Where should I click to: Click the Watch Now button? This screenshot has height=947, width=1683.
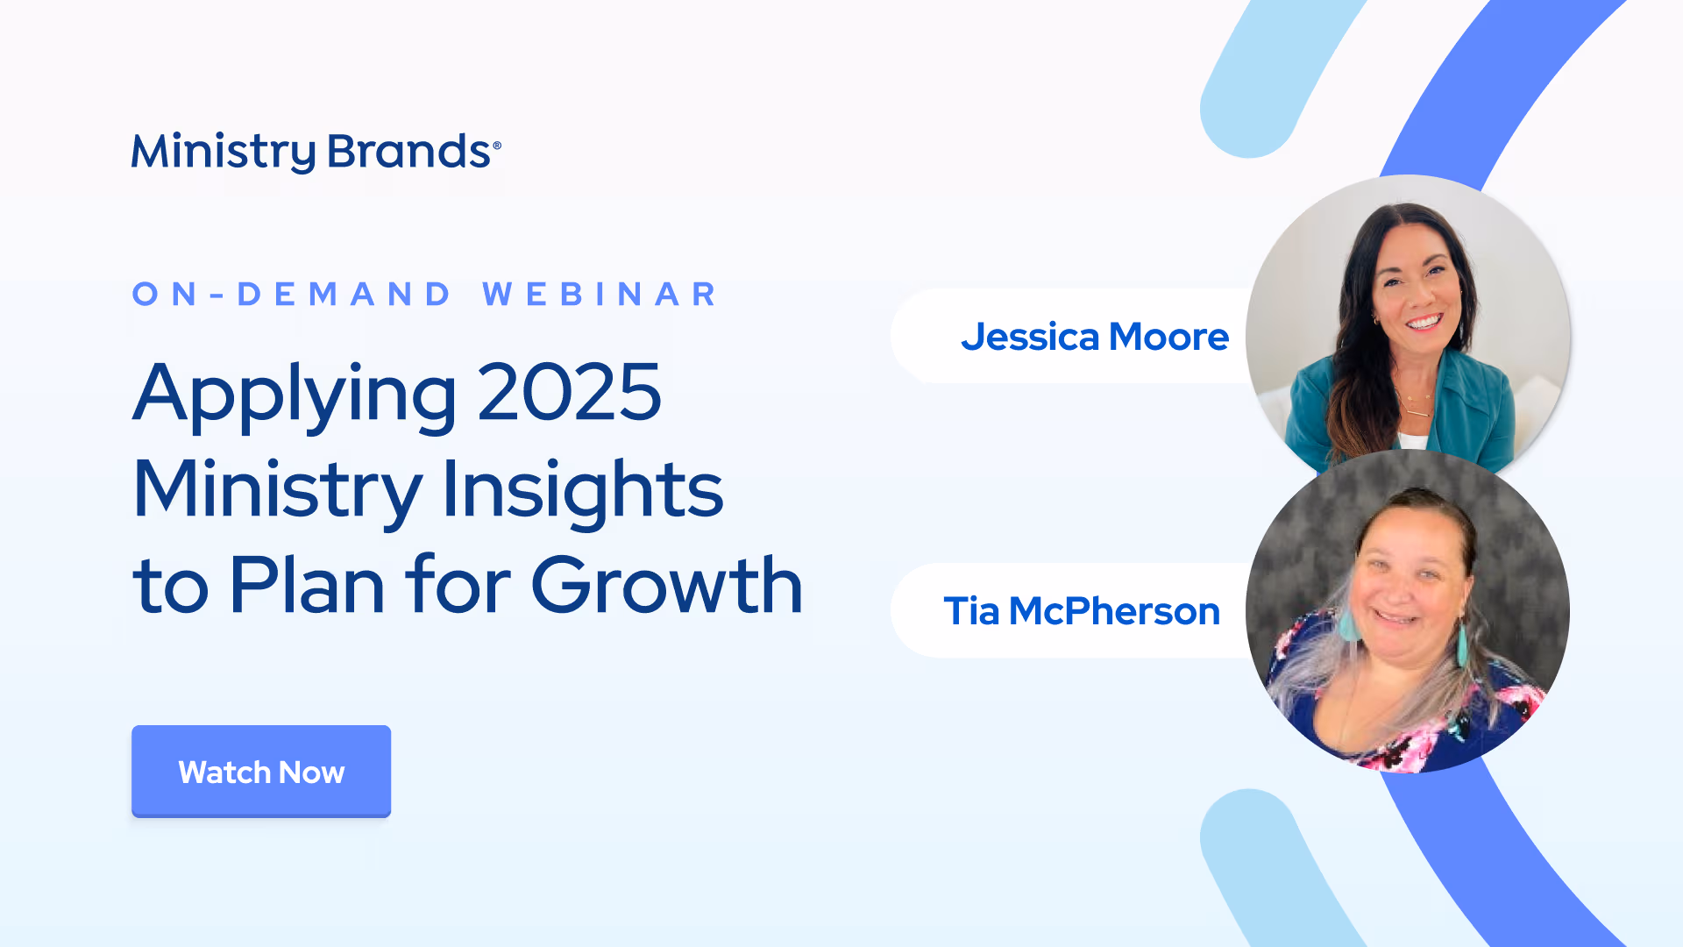click(261, 772)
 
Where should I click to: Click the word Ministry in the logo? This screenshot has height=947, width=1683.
click(224, 153)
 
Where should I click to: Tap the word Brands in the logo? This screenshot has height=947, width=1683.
click(408, 152)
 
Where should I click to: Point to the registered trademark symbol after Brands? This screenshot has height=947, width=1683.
click(497, 146)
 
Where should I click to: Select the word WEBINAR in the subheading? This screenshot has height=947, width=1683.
click(600, 295)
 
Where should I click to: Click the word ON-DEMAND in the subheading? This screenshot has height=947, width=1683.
click(292, 295)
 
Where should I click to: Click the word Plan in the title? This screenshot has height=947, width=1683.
click(307, 586)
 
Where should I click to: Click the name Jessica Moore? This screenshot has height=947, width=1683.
click(1095, 337)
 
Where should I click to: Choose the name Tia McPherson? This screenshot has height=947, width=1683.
click(1082, 611)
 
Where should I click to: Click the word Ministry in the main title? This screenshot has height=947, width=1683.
click(278, 491)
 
